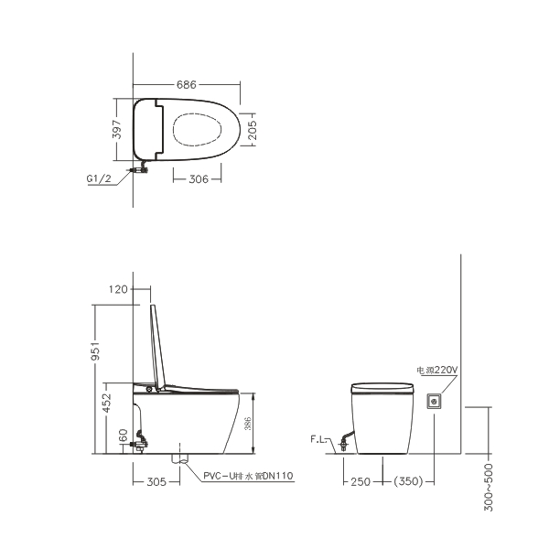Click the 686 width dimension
pos(187,85)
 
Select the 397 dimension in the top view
pos(117,129)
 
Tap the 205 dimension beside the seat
pos(253,130)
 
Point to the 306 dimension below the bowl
pos(199,179)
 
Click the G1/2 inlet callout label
pos(99,178)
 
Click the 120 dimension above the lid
pos(118,289)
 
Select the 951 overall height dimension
pos(95,351)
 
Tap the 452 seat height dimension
pos(106,403)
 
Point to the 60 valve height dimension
pos(124,436)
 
